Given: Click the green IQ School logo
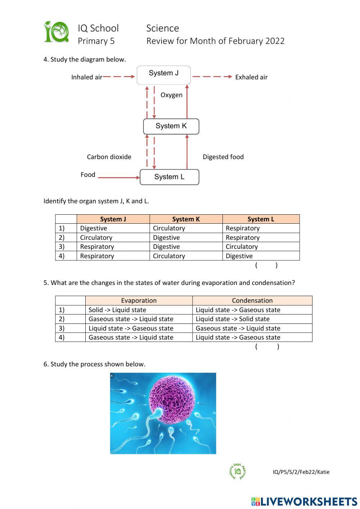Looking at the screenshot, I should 56,32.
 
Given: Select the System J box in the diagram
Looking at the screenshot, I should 163,75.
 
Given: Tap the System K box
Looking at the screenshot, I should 171,126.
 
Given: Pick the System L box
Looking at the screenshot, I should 169,177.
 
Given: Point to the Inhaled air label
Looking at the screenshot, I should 87,77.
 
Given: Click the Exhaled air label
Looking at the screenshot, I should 251,77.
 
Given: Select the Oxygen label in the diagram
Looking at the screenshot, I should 171,95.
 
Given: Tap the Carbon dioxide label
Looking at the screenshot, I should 109,157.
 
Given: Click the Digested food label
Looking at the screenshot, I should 223,157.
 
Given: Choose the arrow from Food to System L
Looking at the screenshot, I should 118,178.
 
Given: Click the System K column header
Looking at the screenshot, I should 186,219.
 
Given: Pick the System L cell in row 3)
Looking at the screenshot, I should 261,247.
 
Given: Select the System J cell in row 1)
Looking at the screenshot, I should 113,228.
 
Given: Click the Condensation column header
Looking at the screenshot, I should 252,300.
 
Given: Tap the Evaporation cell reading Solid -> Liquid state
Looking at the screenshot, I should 139,310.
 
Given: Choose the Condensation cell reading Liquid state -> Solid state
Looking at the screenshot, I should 252,319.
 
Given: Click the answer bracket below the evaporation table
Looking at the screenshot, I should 267,347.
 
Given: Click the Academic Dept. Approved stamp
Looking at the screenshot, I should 238,471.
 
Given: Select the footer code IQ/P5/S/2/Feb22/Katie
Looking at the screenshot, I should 301,472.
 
